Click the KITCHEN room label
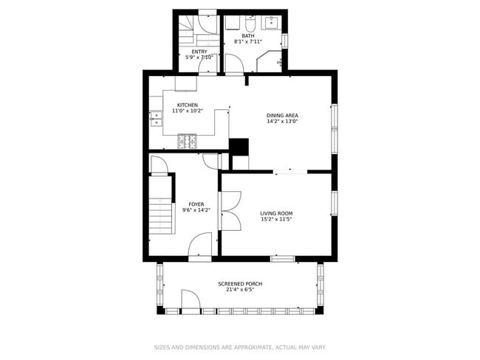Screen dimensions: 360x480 (187, 105)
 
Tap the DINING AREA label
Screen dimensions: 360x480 (283, 115)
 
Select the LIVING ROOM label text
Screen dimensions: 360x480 (276, 213)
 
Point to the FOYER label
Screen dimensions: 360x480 (196, 204)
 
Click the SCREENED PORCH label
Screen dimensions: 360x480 (239, 284)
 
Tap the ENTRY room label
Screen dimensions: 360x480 (199, 51)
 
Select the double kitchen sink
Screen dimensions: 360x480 (156, 118)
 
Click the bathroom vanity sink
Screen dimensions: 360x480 (271, 20)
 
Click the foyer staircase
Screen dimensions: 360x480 (160, 207)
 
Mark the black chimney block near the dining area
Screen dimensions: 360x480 (239, 146)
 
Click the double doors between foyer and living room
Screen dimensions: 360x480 (228, 211)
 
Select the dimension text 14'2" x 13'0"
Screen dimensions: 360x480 (283, 122)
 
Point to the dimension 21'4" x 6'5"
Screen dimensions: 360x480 (239, 290)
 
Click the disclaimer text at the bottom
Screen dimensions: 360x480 (239, 347)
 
